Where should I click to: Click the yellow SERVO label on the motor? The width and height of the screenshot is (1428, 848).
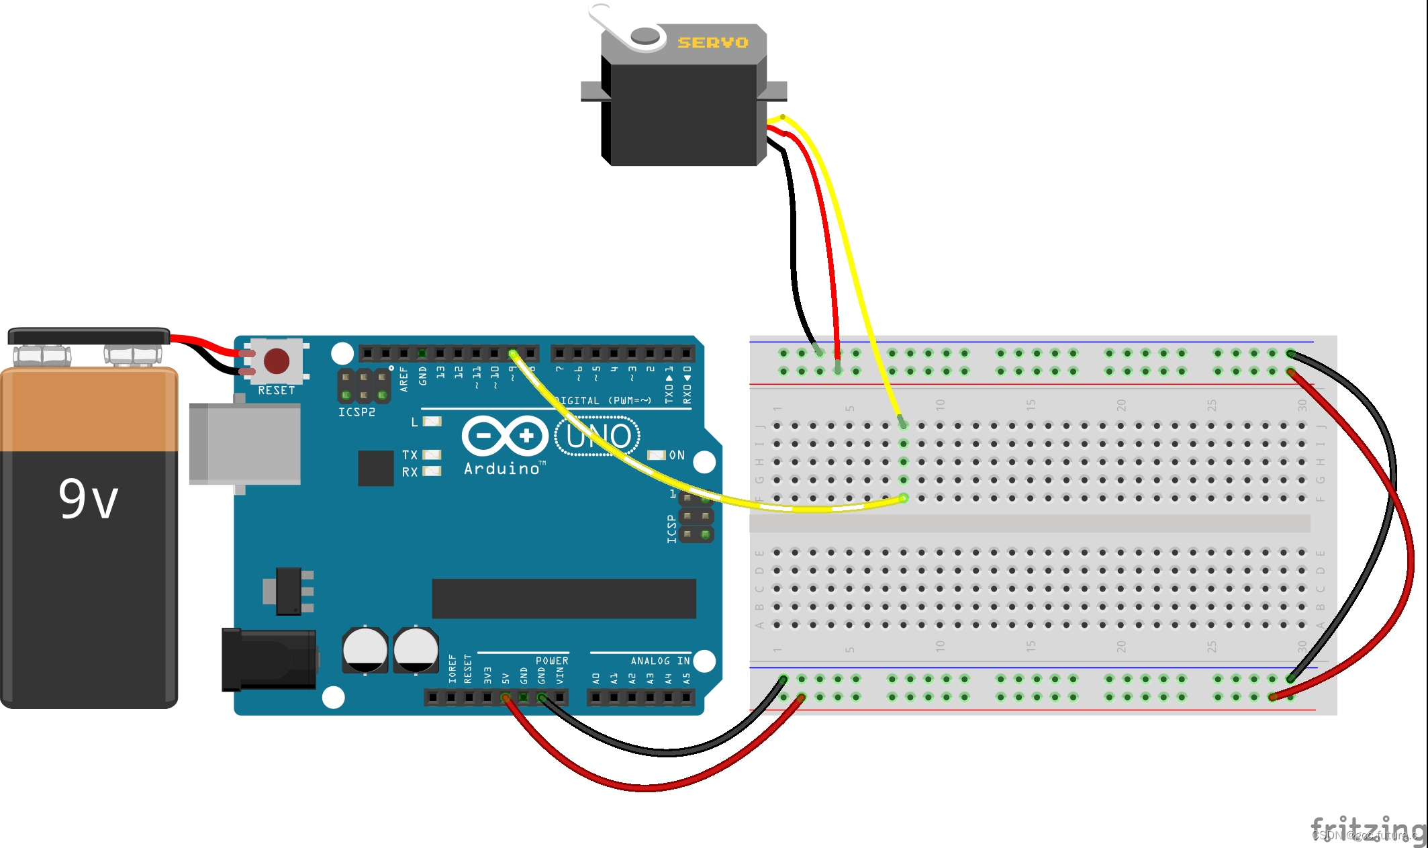click(712, 42)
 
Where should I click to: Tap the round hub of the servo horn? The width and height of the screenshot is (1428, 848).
click(645, 36)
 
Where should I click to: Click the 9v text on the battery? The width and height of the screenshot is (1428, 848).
click(88, 499)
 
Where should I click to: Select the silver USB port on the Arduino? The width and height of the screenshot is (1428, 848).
click(245, 444)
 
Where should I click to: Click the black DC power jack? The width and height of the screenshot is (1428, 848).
click(269, 660)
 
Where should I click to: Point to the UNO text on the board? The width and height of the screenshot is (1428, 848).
click(598, 436)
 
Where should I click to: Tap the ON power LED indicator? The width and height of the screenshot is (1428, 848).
click(656, 455)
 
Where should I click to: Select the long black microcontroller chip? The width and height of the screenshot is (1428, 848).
click(563, 598)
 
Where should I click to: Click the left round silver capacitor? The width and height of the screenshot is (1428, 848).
click(365, 650)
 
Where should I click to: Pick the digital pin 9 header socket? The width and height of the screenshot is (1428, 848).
click(513, 353)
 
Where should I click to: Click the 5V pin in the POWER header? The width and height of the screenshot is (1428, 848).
click(506, 698)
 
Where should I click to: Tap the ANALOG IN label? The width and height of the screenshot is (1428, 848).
click(659, 661)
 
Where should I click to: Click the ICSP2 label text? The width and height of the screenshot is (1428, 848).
click(356, 412)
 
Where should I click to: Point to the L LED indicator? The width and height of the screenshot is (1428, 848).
click(432, 422)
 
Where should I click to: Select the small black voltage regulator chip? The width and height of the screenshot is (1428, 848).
click(289, 591)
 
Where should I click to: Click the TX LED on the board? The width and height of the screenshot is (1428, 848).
click(432, 455)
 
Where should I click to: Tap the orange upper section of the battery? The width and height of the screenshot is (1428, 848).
click(89, 410)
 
